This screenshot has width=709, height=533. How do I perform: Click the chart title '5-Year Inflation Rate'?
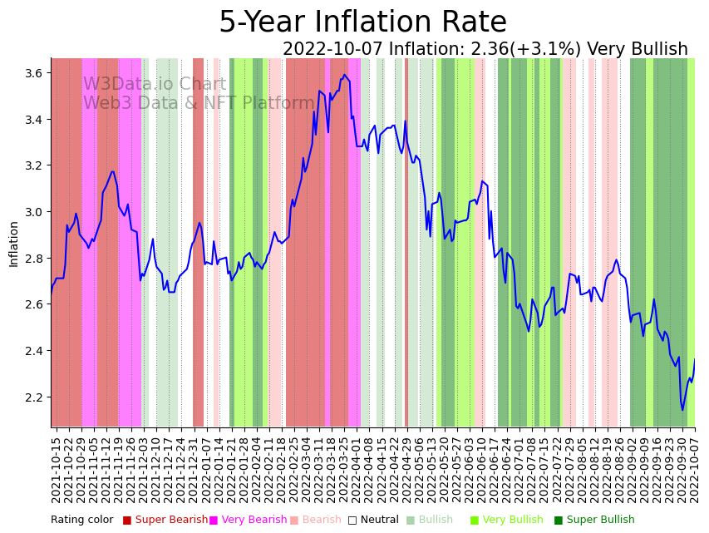point(362,22)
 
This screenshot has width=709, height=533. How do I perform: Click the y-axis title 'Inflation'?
point(13,244)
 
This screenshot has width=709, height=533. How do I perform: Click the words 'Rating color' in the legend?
point(81,521)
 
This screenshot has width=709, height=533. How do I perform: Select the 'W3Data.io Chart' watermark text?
point(154,85)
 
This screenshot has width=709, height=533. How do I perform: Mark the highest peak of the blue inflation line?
point(345,75)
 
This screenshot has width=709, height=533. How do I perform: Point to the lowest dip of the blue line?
point(682,409)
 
